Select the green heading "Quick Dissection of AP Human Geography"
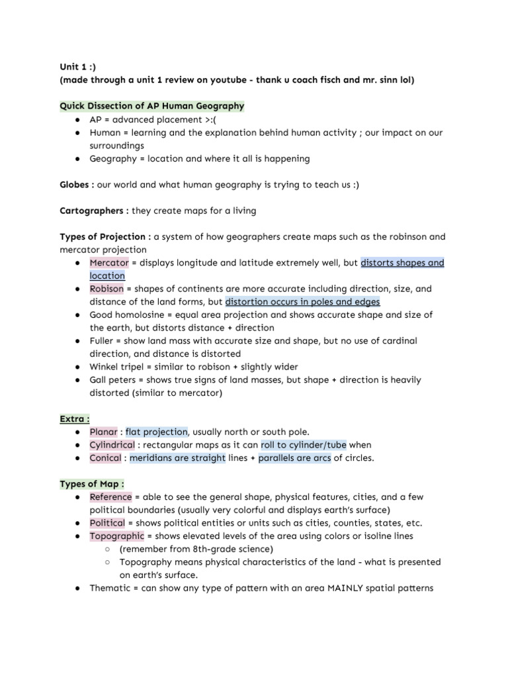[x=152, y=106]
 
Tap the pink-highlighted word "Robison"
[x=107, y=289]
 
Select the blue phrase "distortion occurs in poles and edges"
[x=302, y=302]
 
